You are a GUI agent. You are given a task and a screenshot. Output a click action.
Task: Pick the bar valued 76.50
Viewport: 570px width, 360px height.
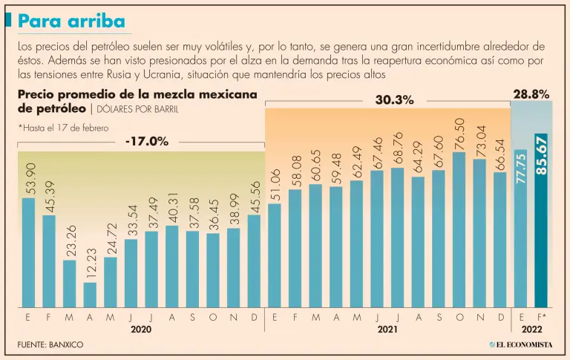(459, 230)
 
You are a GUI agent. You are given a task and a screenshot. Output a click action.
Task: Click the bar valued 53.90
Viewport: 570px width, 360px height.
(28, 252)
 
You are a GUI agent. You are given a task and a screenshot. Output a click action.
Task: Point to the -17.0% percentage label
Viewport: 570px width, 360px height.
(147, 141)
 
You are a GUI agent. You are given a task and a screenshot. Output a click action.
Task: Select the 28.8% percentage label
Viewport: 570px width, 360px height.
(531, 94)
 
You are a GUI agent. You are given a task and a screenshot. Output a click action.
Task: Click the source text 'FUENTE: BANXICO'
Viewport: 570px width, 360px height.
(50, 345)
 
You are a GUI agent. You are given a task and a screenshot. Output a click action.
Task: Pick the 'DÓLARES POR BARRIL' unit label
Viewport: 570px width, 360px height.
(136, 109)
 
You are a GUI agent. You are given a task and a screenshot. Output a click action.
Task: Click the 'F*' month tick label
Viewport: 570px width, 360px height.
(542, 317)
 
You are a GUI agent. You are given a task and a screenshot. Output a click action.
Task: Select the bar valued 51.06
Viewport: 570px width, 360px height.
(274, 255)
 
